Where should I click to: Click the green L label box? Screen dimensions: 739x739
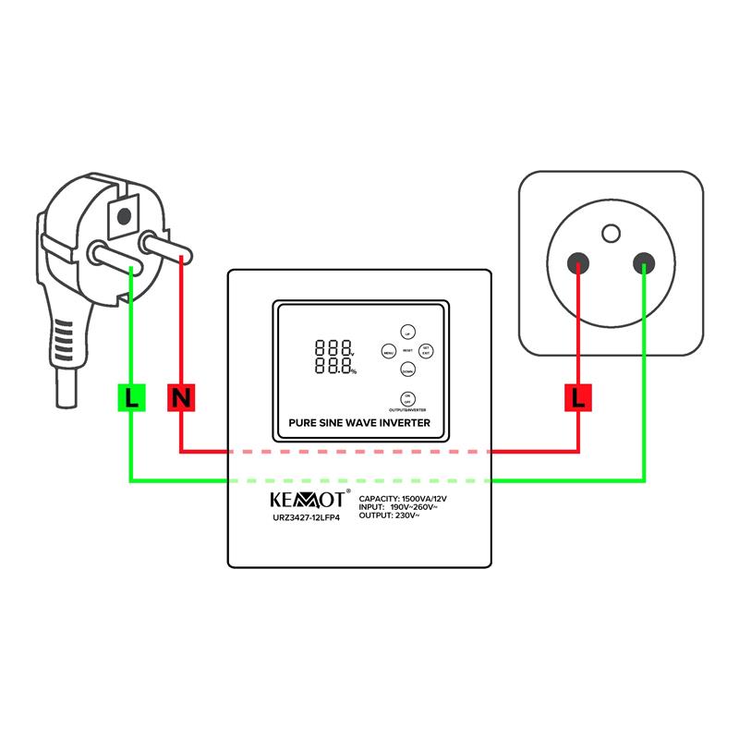click(131, 398)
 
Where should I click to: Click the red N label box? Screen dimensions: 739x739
click(181, 398)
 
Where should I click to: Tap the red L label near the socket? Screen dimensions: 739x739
click(579, 398)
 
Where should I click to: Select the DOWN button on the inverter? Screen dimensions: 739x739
click(407, 369)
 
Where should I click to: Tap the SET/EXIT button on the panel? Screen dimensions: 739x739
click(425, 351)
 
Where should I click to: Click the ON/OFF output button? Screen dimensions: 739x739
click(407, 398)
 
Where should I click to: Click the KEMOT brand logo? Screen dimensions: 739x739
click(306, 500)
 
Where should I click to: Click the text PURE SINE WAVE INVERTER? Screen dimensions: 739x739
click(359, 423)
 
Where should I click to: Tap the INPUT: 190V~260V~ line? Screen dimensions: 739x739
click(404, 507)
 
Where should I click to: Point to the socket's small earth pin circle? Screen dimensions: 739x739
click(611, 232)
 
